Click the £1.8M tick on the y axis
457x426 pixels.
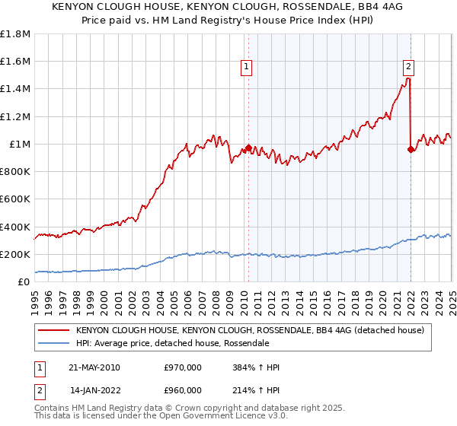15,34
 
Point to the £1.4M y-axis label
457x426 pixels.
15,89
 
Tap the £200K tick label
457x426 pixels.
15,254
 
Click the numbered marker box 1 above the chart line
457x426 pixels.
248,67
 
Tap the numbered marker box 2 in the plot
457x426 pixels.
409,67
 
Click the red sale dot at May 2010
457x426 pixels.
248,148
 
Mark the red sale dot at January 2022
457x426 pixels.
411,149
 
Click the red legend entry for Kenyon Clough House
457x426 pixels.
254,331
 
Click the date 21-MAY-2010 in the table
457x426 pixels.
94,367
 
